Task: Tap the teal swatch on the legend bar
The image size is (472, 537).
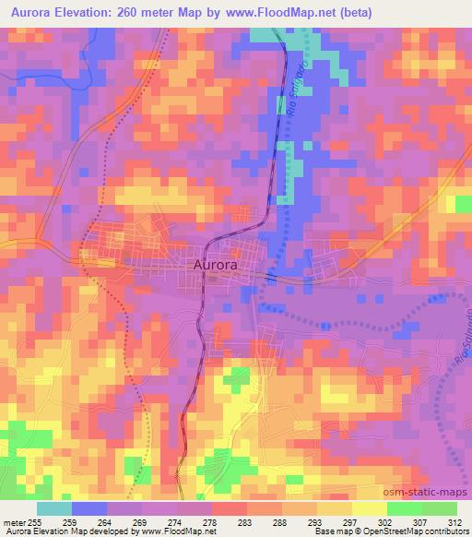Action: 53,508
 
